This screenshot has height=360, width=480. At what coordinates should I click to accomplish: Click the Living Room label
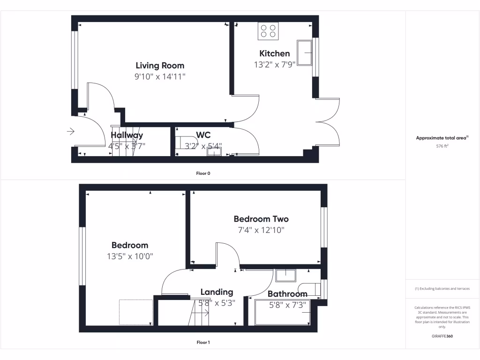(160, 66)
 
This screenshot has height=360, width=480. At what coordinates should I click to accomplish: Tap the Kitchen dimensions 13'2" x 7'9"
(274, 65)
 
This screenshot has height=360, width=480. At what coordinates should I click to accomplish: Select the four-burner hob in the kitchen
(268, 31)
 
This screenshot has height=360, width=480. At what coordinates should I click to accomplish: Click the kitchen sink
(307, 52)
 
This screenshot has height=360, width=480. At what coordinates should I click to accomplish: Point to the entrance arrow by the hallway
(71, 132)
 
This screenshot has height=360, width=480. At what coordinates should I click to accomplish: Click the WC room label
(203, 135)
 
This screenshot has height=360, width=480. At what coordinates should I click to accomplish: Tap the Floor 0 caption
(203, 173)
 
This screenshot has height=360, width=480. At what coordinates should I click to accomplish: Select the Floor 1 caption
(203, 343)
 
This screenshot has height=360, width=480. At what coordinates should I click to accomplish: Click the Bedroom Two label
(261, 219)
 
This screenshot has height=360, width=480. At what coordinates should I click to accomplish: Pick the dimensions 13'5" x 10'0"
(130, 256)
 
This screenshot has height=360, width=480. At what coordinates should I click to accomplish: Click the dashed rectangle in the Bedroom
(135, 312)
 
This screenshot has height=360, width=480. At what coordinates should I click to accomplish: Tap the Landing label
(217, 292)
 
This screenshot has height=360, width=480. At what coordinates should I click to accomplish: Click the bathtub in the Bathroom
(282, 313)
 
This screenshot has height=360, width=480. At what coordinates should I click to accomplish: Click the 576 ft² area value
(442, 146)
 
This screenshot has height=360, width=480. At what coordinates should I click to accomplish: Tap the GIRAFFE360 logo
(442, 336)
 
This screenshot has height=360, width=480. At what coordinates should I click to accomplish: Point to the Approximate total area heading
(442, 138)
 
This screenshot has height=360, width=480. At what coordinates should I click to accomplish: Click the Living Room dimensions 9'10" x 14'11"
(160, 77)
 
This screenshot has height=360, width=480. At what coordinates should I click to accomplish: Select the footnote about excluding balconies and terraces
(442, 289)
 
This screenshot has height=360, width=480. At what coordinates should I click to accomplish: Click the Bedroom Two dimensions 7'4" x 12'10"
(261, 230)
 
